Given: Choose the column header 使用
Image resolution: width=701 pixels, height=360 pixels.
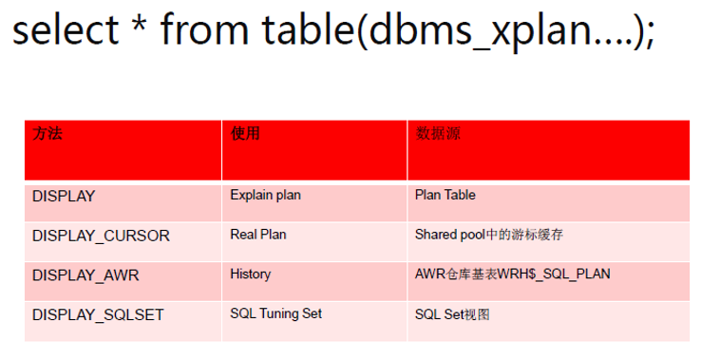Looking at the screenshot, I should tap(245, 134).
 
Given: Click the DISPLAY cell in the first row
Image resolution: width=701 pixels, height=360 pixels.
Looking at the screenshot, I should tap(64, 196).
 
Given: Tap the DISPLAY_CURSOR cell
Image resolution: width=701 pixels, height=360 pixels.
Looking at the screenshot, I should tap(101, 236).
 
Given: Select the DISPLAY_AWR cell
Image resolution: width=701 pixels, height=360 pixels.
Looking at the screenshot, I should tap(85, 275).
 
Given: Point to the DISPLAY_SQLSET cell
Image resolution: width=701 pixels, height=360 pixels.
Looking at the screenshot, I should tap(99, 314).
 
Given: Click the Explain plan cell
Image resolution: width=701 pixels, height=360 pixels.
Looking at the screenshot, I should tap(265, 195).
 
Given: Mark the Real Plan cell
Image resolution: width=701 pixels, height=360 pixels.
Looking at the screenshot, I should tap(257, 234).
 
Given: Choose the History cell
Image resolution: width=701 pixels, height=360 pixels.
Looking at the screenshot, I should tap(250, 274).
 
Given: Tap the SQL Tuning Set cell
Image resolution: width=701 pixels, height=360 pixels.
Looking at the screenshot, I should tap(275, 313).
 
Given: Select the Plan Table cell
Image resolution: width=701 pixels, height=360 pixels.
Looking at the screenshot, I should tap(445, 195).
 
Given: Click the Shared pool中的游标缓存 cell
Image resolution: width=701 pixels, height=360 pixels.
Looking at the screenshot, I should tap(495, 234).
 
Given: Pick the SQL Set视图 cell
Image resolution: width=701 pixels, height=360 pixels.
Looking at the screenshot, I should tap(452, 313).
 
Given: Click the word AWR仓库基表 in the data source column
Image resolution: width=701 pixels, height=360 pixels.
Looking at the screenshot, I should tap(464, 274).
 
